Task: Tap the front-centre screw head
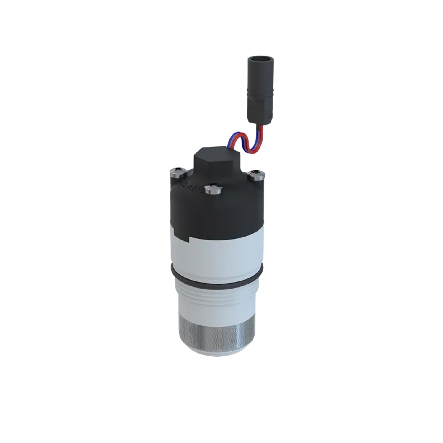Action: point(212,188)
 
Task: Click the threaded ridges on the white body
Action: point(217,295)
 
